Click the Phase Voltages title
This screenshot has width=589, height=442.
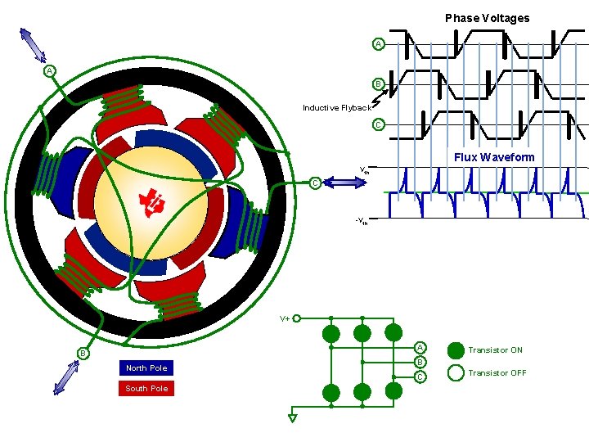click(x=487, y=18)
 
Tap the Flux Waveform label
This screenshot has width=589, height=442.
click(x=494, y=157)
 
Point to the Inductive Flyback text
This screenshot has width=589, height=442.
click(x=336, y=107)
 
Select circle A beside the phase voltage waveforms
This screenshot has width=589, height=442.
click(x=378, y=43)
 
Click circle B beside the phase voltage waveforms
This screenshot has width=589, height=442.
click(x=378, y=83)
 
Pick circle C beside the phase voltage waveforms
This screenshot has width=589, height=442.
click(x=378, y=124)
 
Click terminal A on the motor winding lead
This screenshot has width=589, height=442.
click(x=50, y=71)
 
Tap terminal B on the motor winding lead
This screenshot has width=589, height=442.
click(x=83, y=353)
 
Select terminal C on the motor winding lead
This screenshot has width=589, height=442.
click(x=315, y=183)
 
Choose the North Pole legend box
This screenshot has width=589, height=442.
click(x=147, y=368)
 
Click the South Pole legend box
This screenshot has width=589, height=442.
click(x=147, y=389)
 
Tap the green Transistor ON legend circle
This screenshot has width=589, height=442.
click(x=456, y=350)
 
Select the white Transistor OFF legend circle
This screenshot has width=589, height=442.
click(x=456, y=373)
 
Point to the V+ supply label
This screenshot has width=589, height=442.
click(x=285, y=318)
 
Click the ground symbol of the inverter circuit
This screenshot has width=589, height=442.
click(x=293, y=417)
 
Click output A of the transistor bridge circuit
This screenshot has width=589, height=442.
click(x=420, y=348)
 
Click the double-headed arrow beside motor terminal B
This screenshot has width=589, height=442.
click(x=65, y=377)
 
